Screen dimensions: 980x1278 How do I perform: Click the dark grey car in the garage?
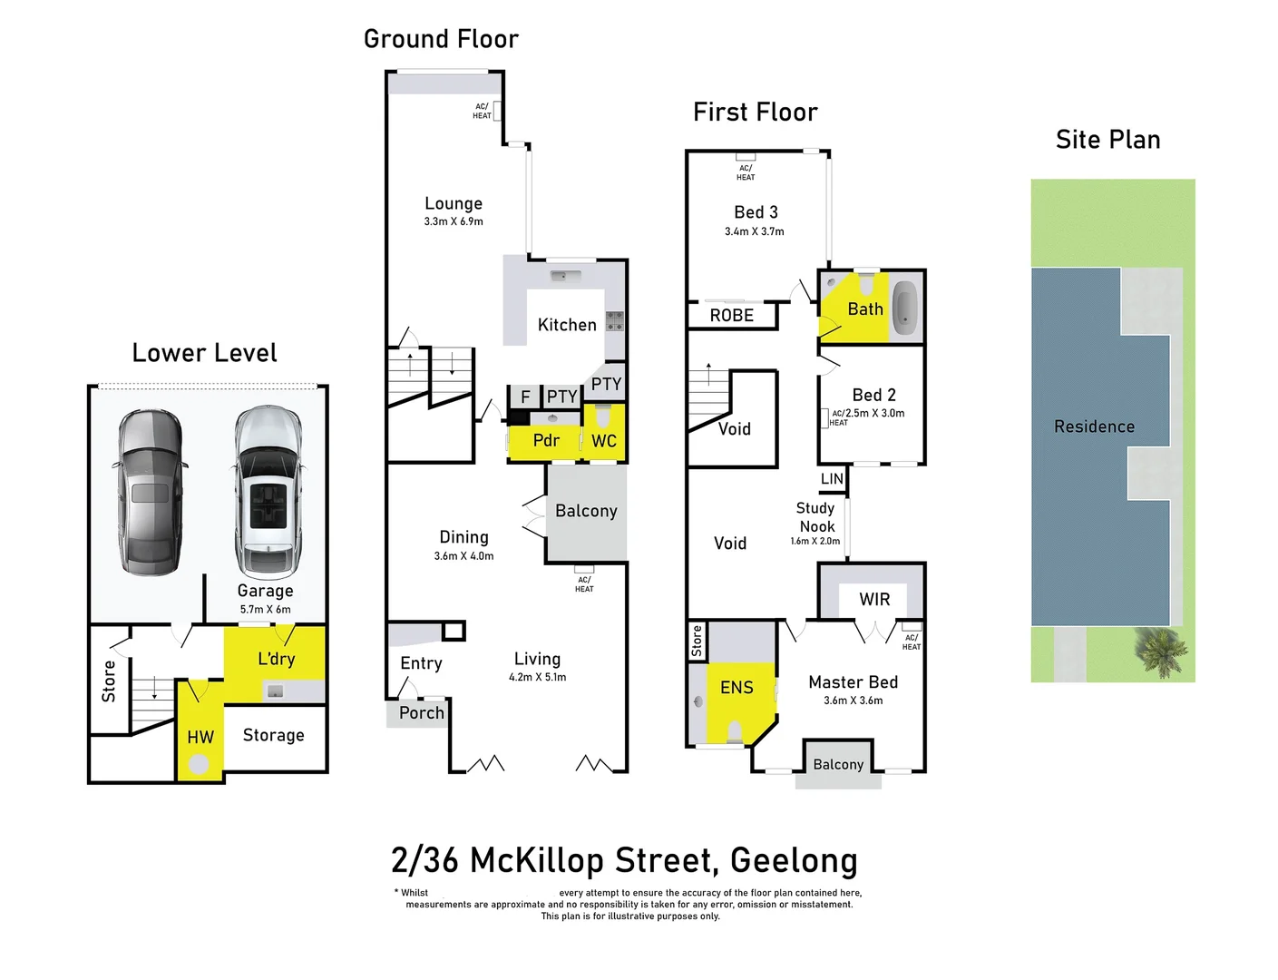tap(151, 492)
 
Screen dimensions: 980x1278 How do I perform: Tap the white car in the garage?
tap(268, 492)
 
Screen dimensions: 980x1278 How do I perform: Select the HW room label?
tap(200, 738)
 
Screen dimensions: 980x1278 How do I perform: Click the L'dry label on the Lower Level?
tap(276, 659)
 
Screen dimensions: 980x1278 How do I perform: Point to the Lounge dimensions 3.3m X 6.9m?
tap(454, 221)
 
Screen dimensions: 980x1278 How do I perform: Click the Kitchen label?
tap(567, 325)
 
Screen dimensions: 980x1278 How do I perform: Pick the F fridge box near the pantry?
tap(524, 397)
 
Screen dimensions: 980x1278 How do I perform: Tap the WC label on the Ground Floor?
tap(604, 441)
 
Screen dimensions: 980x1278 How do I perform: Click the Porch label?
tap(422, 713)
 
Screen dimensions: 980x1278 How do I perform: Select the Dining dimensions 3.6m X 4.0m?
tap(463, 556)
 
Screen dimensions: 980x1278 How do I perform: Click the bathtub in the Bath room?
tap(904, 307)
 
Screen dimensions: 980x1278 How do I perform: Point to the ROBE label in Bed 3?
tap(731, 316)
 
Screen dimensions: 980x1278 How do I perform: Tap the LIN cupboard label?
tap(832, 479)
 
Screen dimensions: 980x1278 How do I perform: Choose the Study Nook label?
tap(815, 517)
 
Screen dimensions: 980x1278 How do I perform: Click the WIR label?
tap(874, 600)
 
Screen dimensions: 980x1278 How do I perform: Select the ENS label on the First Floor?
tap(737, 688)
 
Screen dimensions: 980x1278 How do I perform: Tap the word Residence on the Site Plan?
tap(1094, 426)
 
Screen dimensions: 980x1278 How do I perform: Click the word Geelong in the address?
tap(794, 860)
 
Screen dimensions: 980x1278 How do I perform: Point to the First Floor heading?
tap(755, 113)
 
